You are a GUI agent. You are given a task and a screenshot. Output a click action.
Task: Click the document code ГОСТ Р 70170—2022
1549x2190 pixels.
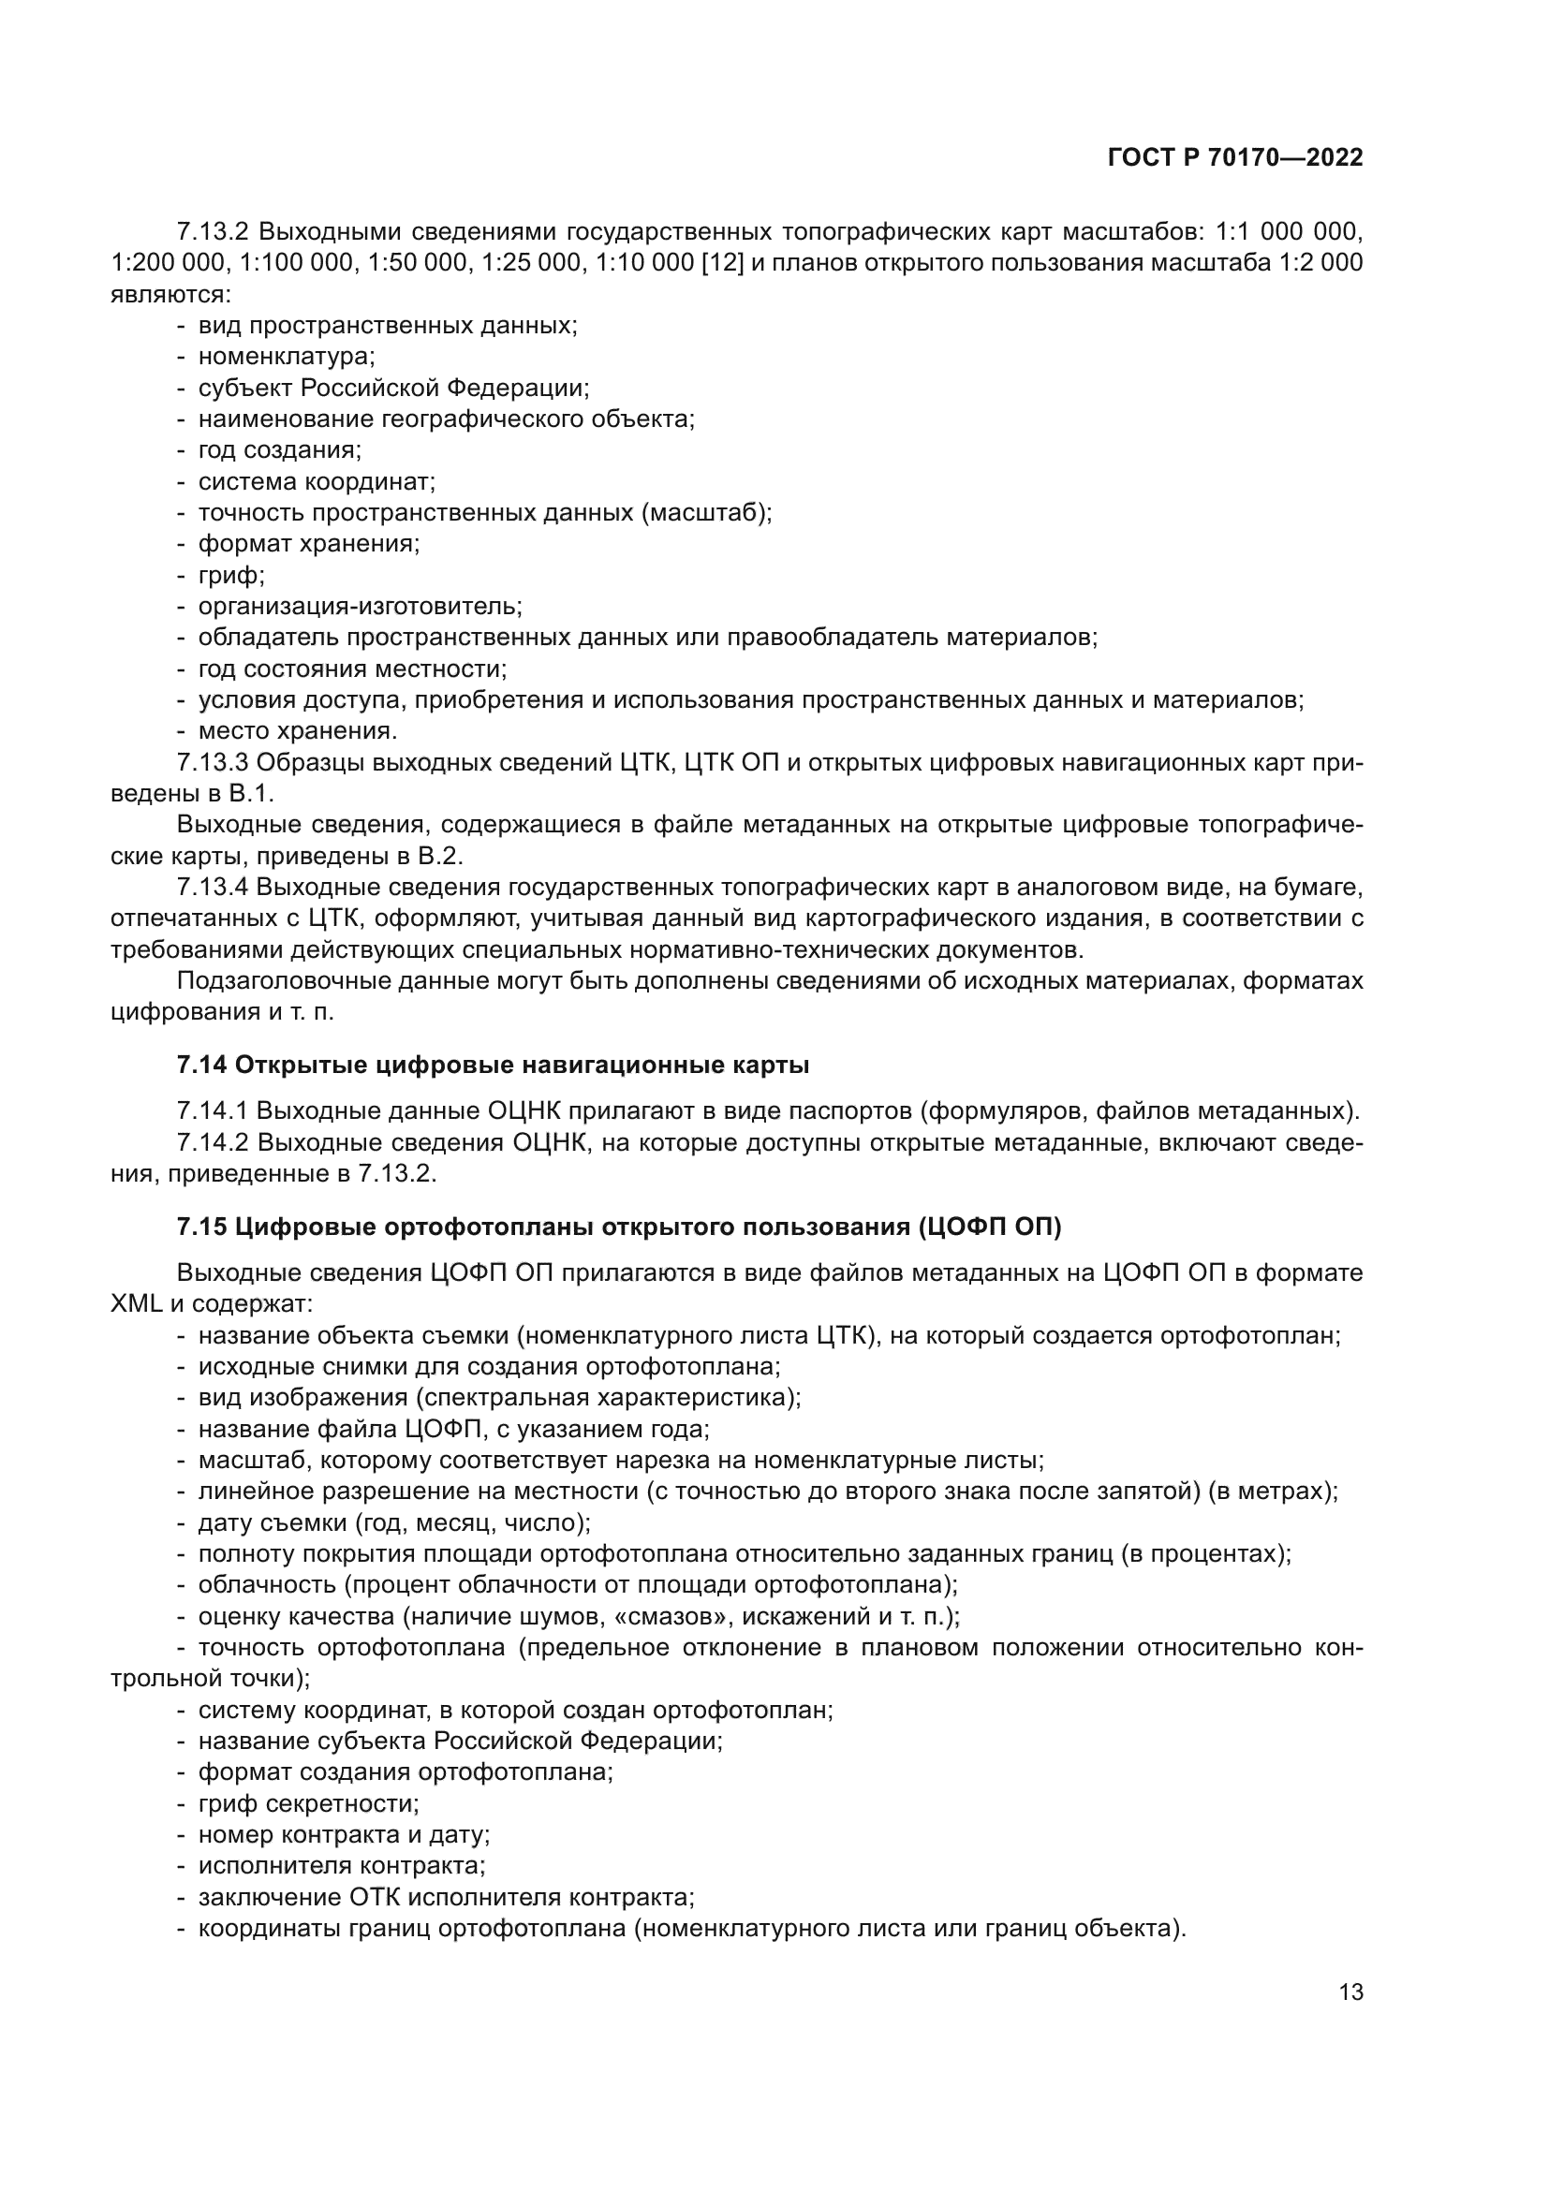(1234, 158)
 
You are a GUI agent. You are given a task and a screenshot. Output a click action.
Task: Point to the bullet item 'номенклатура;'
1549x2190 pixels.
(287, 357)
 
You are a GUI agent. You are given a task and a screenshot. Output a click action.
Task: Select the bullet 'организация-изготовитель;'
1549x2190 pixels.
(360, 607)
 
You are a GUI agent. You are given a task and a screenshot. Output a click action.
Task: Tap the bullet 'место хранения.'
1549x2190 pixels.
(297, 731)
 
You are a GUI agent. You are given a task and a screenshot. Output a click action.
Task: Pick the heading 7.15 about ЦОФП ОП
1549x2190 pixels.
(618, 1227)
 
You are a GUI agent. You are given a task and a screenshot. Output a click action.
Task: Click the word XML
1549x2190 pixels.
(137, 1304)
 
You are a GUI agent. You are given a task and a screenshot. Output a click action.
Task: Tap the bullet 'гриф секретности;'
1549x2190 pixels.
(308, 1803)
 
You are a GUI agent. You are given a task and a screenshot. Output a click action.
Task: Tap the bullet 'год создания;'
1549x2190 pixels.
(279, 450)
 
